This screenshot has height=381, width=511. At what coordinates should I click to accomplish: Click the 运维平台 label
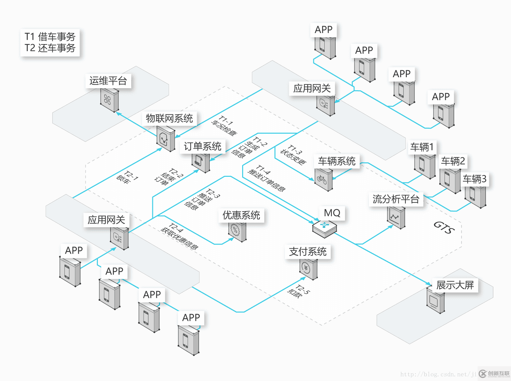pyautogui.click(x=108, y=81)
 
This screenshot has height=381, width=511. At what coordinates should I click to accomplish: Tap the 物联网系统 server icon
pyautogui.click(x=165, y=139)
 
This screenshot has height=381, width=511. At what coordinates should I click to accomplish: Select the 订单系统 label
pyautogui.click(x=202, y=146)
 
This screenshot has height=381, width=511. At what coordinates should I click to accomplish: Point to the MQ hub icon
pyautogui.click(x=324, y=228)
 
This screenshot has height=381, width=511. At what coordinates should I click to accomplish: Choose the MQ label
pyautogui.click(x=332, y=213)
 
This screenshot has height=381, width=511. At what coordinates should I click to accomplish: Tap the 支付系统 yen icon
pyautogui.click(x=308, y=268)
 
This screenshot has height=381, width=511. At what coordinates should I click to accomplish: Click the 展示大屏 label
pyautogui.click(x=455, y=285)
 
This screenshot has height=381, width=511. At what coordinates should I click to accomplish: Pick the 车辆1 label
pyautogui.click(x=422, y=147)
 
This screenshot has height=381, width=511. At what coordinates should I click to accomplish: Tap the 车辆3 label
pyautogui.click(x=474, y=179)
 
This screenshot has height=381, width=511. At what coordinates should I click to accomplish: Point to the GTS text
pyautogui.click(x=444, y=227)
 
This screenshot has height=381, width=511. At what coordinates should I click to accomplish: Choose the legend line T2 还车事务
pyautogui.click(x=50, y=48)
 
